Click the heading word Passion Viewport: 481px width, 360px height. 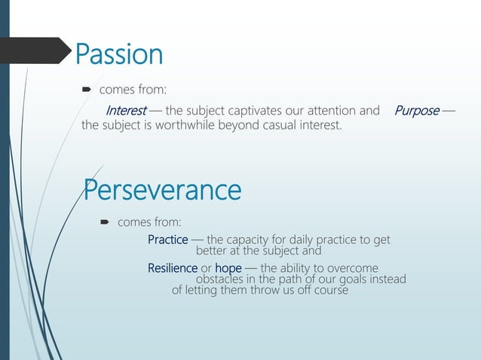pyautogui.click(x=118, y=54)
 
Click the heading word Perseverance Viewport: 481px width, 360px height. pyautogui.click(x=162, y=190)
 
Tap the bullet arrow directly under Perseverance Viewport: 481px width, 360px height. pyautogui.click(x=105, y=223)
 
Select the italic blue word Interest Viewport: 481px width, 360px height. pyautogui.click(x=126, y=111)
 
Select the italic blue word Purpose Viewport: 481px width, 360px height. pyautogui.click(x=416, y=111)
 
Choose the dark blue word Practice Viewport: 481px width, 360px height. pyautogui.click(x=167, y=240)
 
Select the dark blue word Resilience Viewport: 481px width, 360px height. pyautogui.click(x=172, y=268)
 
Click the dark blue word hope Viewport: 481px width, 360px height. pyautogui.click(x=228, y=268)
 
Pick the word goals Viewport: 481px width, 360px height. pyautogui.click(x=354, y=279)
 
